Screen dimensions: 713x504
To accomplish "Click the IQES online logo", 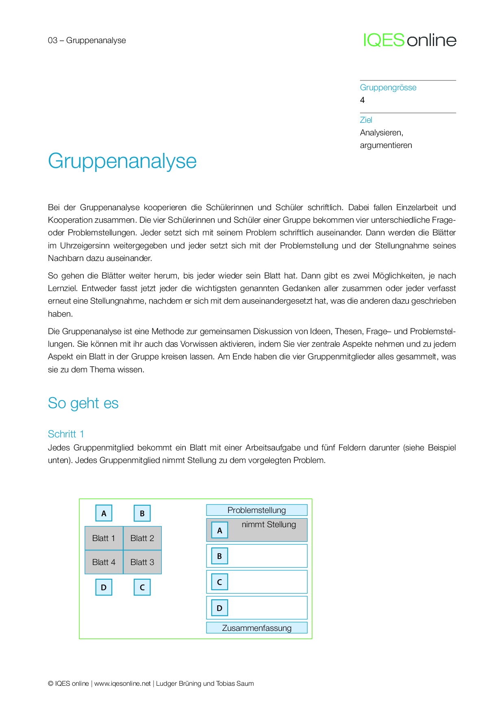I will click(x=410, y=40).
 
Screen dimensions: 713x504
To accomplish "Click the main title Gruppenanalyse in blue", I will click(x=122, y=161).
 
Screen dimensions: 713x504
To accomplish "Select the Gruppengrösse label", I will click(x=388, y=87).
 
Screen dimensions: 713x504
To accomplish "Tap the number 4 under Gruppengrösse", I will click(x=362, y=100).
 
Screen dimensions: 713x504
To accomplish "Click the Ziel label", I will click(x=366, y=120).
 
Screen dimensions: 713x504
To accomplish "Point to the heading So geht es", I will click(x=83, y=403).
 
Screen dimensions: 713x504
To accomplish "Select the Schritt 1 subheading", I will click(x=66, y=434).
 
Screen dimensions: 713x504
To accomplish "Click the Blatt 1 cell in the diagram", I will click(x=104, y=538).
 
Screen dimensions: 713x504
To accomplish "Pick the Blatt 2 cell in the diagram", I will click(x=142, y=538).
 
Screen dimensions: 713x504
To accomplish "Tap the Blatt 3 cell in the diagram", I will click(x=142, y=562).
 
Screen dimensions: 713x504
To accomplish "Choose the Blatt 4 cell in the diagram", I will click(x=104, y=562).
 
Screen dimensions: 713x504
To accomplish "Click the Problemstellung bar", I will click(x=256, y=510).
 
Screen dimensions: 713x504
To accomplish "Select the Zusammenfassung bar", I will click(x=256, y=628).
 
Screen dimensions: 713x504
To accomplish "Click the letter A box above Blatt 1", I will click(x=104, y=513).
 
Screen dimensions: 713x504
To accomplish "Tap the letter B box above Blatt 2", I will click(x=142, y=513).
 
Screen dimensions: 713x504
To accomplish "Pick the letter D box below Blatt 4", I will click(x=104, y=587).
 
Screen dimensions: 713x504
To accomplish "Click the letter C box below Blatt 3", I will click(x=142, y=587).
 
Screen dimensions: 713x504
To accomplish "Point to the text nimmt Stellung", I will click(x=269, y=525).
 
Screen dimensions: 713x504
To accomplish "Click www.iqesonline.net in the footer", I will click(x=122, y=684).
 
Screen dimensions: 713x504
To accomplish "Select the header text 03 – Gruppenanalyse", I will click(x=87, y=40).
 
